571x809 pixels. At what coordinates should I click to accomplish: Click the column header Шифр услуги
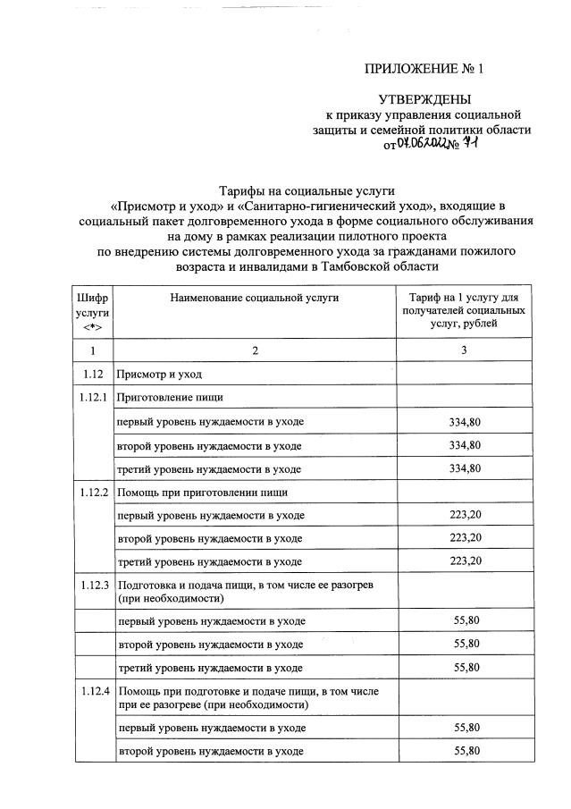point(91,309)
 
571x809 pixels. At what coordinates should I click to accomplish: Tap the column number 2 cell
point(255,350)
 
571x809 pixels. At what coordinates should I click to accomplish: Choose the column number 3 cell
point(463,350)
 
